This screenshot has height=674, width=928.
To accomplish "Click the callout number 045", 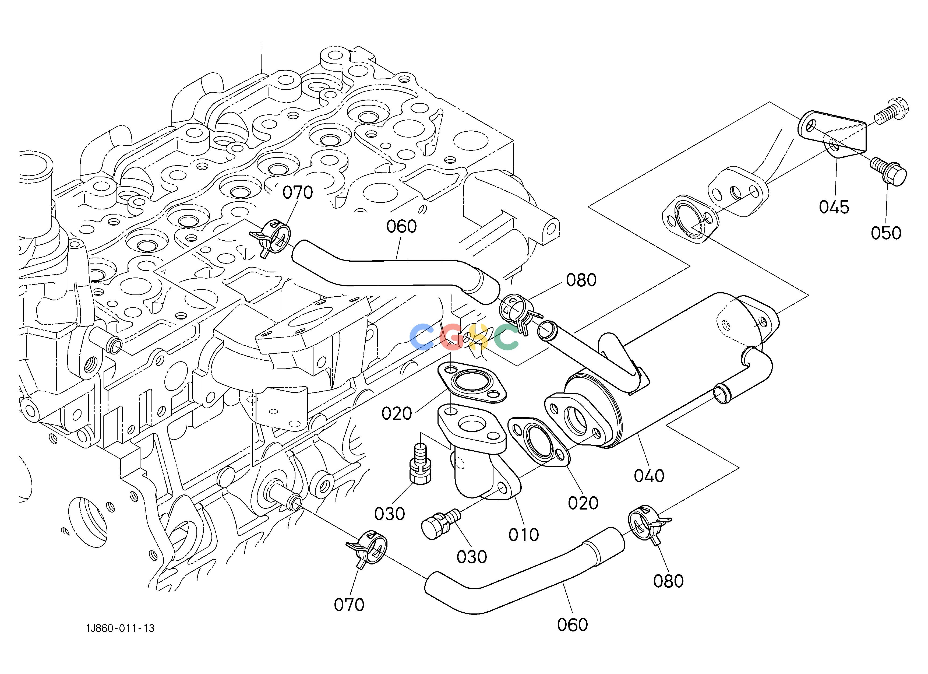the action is click(834, 207).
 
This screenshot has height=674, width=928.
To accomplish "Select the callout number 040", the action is click(649, 476).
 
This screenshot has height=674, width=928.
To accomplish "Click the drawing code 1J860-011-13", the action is click(120, 628).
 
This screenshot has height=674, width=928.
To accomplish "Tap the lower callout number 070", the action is click(349, 605).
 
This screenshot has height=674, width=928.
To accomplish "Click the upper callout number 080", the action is click(581, 280).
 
